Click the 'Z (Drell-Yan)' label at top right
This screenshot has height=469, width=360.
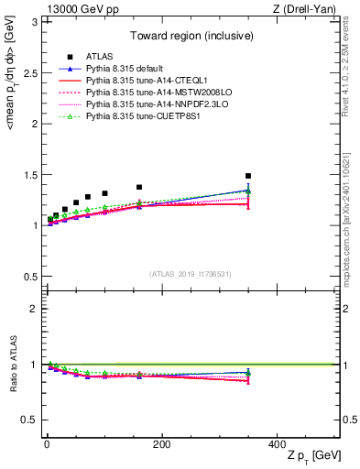pos(308,8)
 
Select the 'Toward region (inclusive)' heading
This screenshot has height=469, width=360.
pos(191,37)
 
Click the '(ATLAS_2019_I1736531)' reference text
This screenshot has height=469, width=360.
pos(191,274)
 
